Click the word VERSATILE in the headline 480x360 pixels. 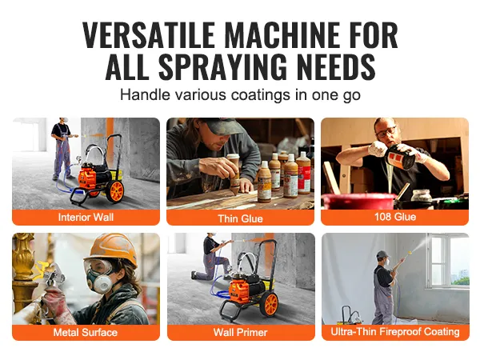pyautogui.click(x=149, y=35)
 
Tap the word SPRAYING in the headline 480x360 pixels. pyautogui.click(x=222, y=67)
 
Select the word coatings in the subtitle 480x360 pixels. pyautogui.click(x=261, y=94)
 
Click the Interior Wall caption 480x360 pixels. pyautogui.click(x=86, y=217)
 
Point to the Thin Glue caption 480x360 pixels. pyautogui.click(x=240, y=218)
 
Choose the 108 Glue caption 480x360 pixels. pyautogui.click(x=395, y=217)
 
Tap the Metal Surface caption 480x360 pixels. pyautogui.click(x=86, y=332)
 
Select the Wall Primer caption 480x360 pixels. pyautogui.click(x=241, y=332)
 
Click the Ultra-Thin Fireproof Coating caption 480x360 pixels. pyautogui.click(x=395, y=331)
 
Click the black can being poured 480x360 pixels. pyautogui.click(x=402, y=158)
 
